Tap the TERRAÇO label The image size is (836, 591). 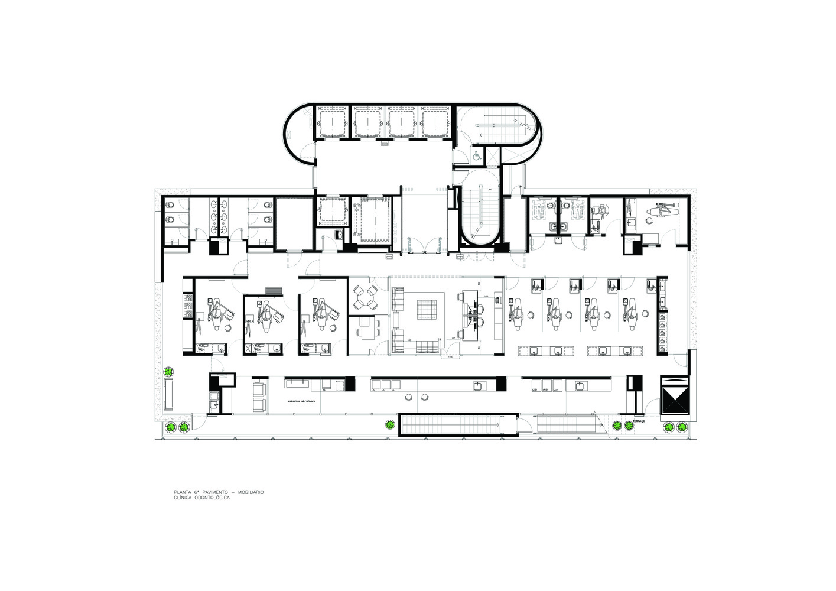(636, 421)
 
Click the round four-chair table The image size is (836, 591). (365, 297)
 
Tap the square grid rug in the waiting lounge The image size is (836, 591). (426, 310)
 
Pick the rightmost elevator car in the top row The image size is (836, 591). (436, 122)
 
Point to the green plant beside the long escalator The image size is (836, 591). (389, 424)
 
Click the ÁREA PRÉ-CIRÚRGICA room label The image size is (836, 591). (301, 401)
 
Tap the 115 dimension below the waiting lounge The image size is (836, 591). (450, 357)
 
